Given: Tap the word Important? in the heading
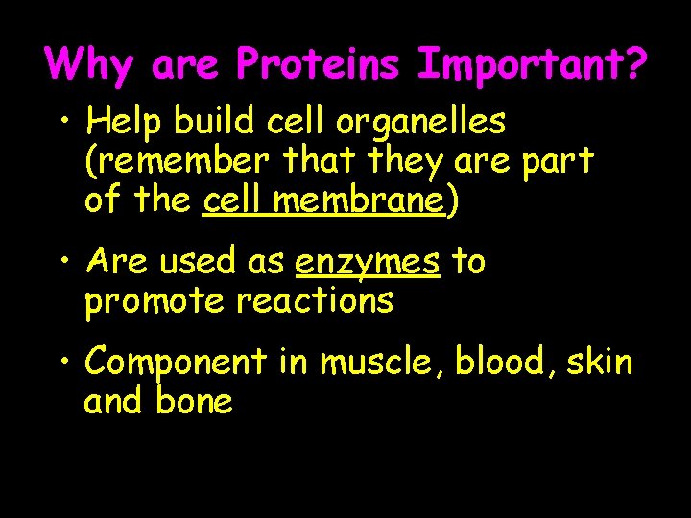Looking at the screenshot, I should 533,64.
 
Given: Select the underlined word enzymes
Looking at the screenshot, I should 368,261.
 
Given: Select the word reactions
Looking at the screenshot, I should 315,301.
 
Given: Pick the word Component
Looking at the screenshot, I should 175,364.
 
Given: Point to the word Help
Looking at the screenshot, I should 119,123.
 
